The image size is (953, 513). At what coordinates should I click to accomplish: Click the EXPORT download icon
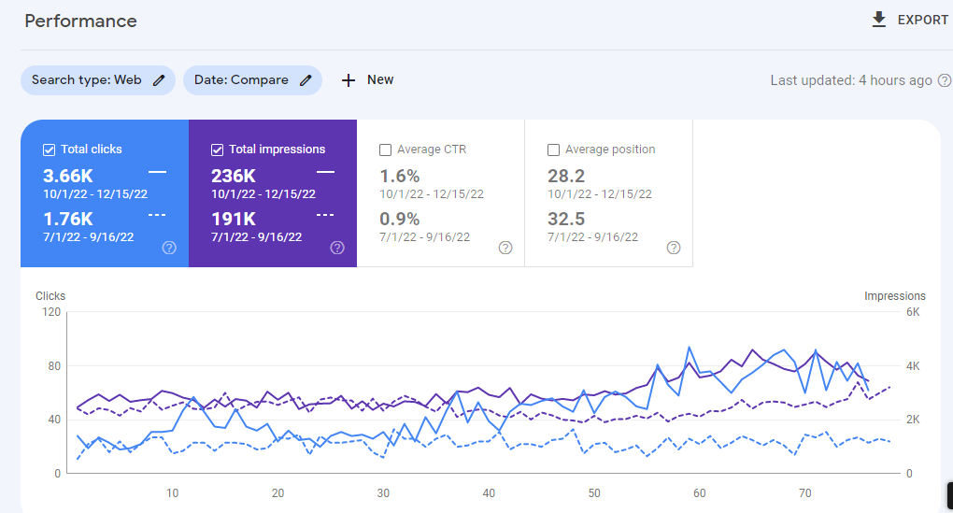click(878, 20)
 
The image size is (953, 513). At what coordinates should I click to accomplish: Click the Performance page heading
click(80, 21)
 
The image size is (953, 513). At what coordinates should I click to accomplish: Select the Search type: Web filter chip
click(97, 80)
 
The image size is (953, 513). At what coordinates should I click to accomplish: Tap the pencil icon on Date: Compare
click(306, 80)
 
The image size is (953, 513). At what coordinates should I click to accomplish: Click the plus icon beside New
click(348, 80)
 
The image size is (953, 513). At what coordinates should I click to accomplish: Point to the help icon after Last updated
click(945, 80)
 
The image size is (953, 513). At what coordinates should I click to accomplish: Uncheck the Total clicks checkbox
click(50, 150)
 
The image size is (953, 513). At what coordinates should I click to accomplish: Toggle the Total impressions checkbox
click(218, 150)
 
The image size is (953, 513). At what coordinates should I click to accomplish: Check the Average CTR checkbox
click(386, 150)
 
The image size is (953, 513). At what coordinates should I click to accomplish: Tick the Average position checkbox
click(554, 150)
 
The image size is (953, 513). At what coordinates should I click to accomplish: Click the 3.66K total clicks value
click(68, 176)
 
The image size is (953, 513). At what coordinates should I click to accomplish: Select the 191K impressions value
click(234, 219)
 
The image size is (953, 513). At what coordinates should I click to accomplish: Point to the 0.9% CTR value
click(400, 219)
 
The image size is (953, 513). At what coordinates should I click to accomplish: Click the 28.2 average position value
click(566, 176)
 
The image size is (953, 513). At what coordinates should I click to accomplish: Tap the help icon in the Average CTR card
click(505, 248)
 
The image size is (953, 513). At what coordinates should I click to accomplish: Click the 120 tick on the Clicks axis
click(50, 312)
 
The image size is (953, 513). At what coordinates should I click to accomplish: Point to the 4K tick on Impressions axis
click(914, 366)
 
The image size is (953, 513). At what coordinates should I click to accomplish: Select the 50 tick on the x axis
click(594, 493)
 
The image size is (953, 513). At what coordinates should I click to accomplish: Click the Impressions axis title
click(894, 296)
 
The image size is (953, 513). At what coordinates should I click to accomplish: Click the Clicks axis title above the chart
click(50, 296)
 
